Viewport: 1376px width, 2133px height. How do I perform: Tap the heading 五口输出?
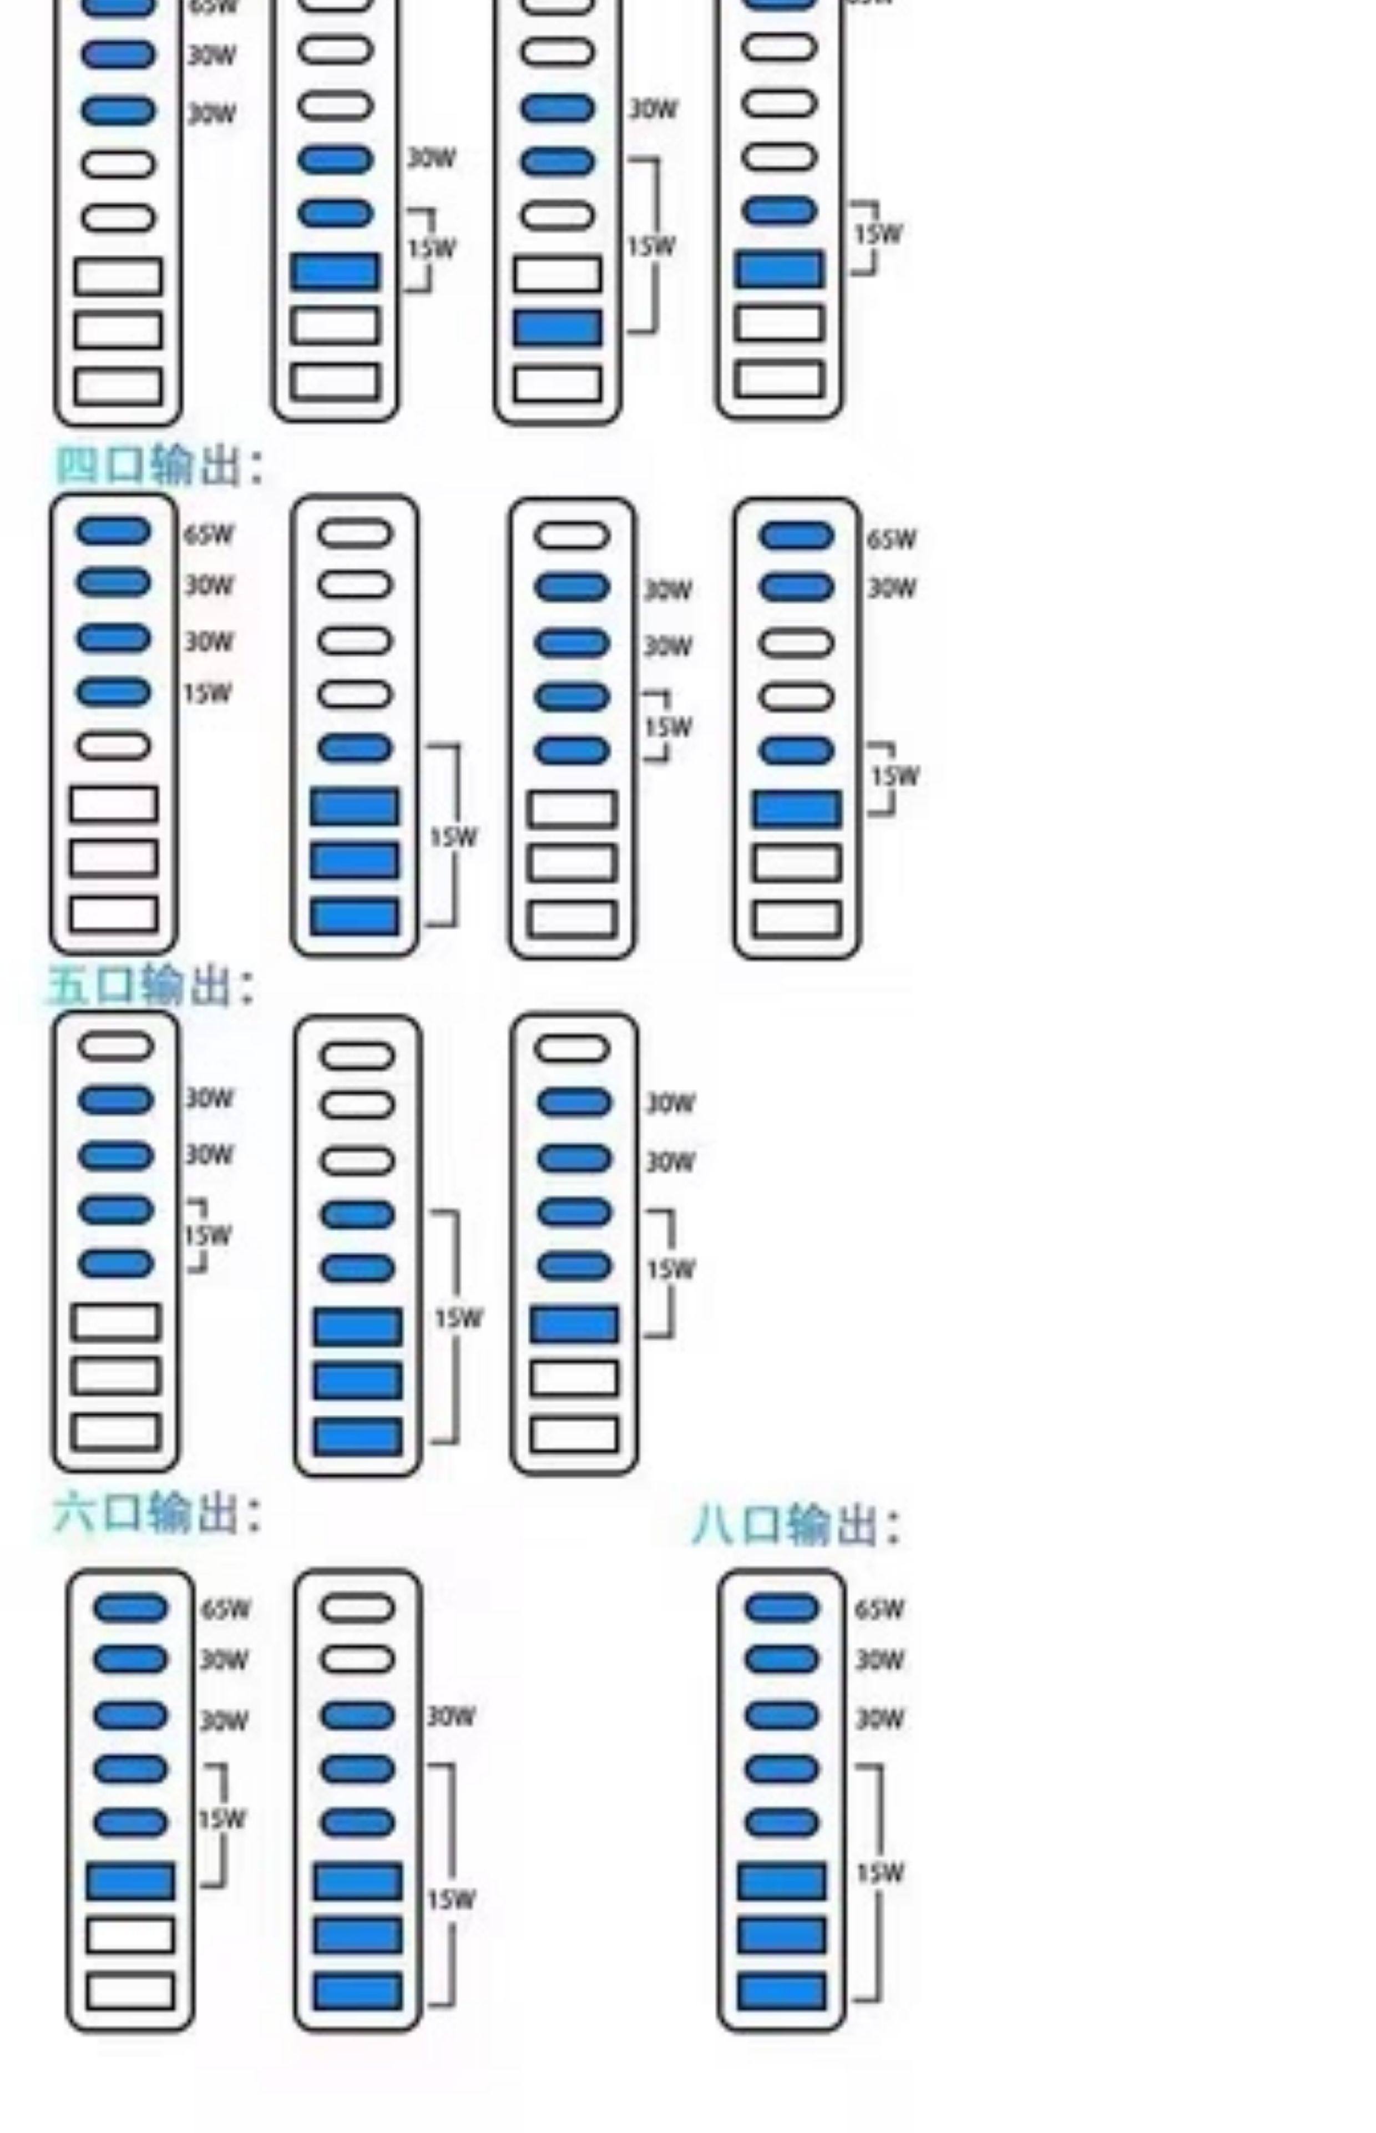(x=150, y=985)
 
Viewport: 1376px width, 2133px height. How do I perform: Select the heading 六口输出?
(x=157, y=1512)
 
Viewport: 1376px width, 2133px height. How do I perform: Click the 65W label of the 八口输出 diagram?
(x=879, y=1609)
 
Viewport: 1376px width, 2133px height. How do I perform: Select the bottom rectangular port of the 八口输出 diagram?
(x=782, y=1992)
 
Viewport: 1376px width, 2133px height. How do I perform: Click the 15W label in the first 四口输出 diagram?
(x=208, y=693)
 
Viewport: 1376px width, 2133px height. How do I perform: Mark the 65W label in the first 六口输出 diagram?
(x=225, y=1609)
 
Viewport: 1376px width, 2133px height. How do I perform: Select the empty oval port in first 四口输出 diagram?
(x=114, y=746)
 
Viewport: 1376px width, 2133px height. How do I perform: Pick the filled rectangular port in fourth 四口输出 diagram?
(x=797, y=808)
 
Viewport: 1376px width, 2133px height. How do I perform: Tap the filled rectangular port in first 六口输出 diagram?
(x=130, y=1881)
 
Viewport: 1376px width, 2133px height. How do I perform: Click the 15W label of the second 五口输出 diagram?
(x=458, y=1318)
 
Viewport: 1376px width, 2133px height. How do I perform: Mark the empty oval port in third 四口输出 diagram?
(x=572, y=535)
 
